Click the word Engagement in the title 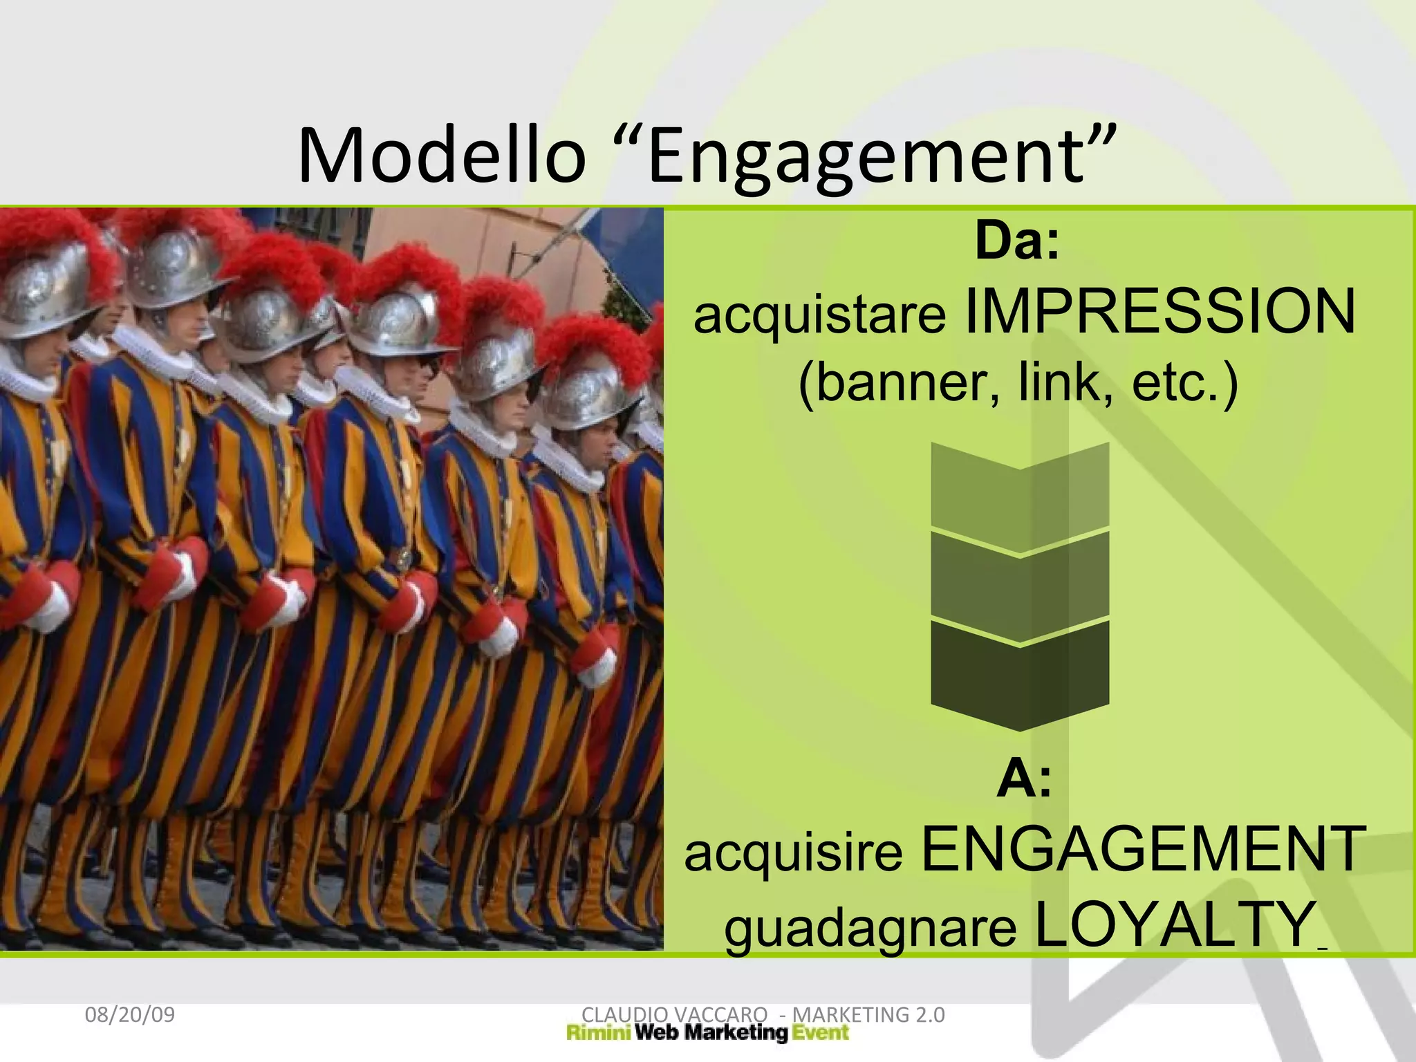coord(864,158)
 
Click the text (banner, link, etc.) coord(1018,382)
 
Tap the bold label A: coord(1024,779)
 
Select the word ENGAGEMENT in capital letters coord(1144,850)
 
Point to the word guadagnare coord(870,928)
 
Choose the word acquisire coord(793,853)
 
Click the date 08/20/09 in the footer coord(129,1015)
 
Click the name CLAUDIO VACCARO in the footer coord(674,1014)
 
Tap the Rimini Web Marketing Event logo coord(707,1034)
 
